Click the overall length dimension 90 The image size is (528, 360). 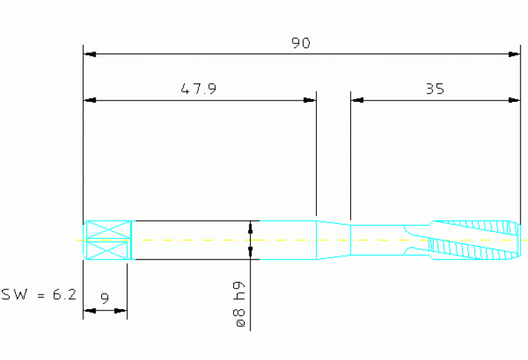coord(301,43)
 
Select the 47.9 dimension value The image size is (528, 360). coord(199,89)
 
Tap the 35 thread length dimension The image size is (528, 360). coord(435,89)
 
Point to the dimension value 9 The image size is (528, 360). coord(105,298)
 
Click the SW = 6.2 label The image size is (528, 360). coord(39,295)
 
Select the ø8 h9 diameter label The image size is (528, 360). coord(240,304)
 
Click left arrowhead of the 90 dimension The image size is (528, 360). coord(89,54)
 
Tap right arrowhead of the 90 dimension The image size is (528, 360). coord(514,54)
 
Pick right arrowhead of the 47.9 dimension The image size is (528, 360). coord(310,100)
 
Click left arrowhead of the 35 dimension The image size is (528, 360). coord(357,100)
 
